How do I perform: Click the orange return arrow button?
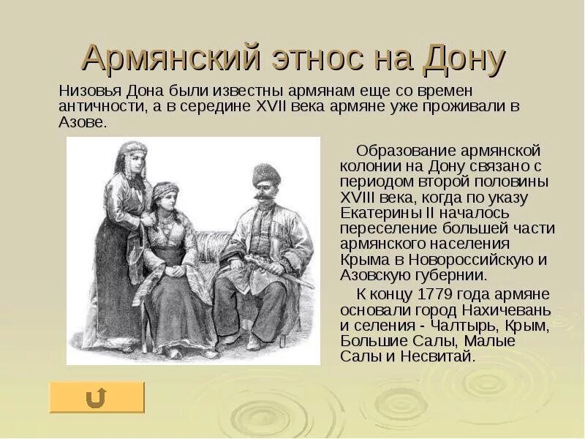tap(97, 397)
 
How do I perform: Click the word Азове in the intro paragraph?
tap(82, 122)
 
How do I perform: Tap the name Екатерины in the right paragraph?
tap(378, 213)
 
